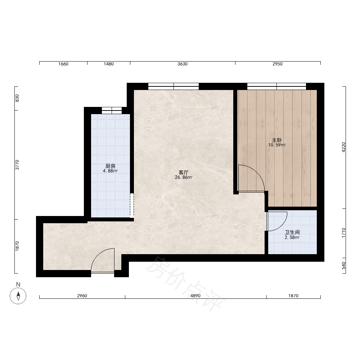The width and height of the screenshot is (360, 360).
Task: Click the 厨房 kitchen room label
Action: (x=111, y=166)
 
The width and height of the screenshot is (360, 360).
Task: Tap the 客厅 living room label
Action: (x=184, y=172)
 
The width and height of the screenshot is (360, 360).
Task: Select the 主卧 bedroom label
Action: (x=277, y=140)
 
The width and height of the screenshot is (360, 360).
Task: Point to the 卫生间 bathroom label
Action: (x=292, y=232)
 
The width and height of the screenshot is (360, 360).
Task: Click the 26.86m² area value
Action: (x=184, y=177)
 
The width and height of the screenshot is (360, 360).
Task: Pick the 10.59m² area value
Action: (x=277, y=145)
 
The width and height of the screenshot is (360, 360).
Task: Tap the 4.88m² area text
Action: (x=111, y=171)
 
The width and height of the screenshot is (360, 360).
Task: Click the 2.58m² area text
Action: (x=292, y=237)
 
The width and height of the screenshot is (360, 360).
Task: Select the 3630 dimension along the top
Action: (x=183, y=64)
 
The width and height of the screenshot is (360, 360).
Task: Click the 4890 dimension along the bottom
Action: (x=195, y=296)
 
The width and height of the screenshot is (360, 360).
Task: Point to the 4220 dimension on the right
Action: (x=344, y=147)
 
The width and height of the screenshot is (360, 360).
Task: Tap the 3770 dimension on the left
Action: (x=17, y=165)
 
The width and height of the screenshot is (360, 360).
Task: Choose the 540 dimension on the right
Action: (x=344, y=266)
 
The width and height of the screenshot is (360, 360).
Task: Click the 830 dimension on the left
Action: (x=17, y=98)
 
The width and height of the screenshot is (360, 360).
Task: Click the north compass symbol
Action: (x=18, y=296)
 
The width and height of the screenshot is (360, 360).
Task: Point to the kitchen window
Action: (x=112, y=111)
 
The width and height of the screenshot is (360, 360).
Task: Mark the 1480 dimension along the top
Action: (x=109, y=64)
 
